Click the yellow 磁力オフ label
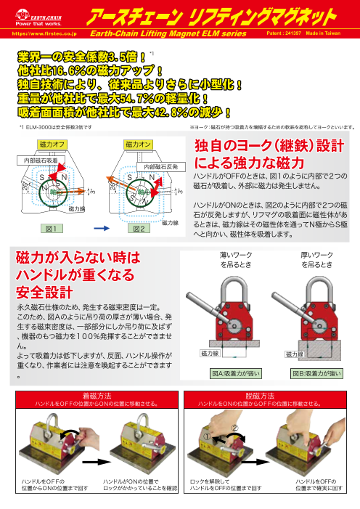tap(52, 145)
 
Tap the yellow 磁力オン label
tap(138, 145)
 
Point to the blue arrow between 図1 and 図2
tap(94, 227)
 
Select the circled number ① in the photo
tap(208, 438)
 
